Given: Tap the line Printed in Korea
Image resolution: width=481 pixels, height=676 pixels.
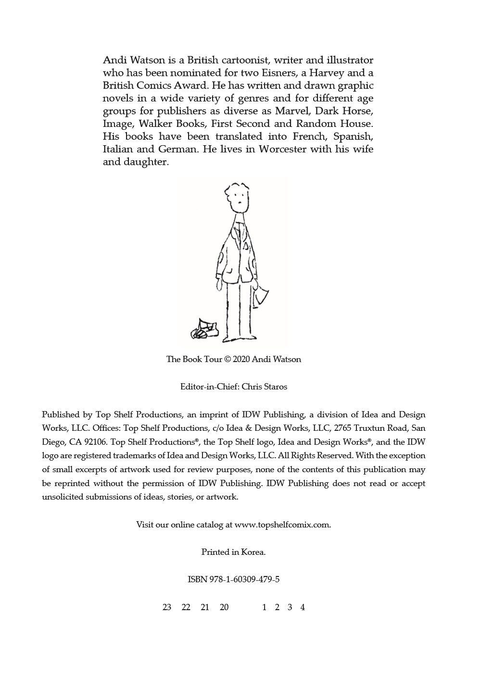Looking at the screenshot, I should (233, 552).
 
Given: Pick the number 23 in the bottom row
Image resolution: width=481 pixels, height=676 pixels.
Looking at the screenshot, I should (167, 607).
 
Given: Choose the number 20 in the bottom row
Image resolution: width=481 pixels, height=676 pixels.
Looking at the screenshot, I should (224, 607).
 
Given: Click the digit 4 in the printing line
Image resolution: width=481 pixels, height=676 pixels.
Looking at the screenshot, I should (303, 607).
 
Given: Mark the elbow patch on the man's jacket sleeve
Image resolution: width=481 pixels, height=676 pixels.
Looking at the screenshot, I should (253, 264).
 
